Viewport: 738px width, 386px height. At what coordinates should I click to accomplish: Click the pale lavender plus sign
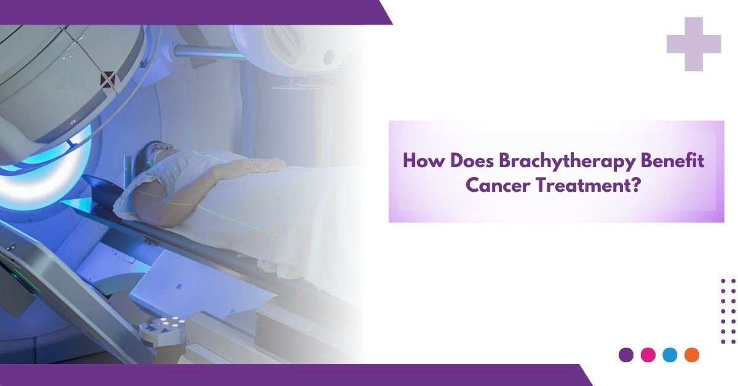[694, 44]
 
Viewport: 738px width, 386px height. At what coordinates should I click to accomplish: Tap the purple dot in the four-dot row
[626, 355]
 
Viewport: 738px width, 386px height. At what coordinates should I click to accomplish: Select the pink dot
[648, 355]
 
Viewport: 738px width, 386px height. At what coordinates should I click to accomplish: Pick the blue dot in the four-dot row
[670, 355]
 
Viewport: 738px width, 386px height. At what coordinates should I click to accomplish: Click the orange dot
[691, 355]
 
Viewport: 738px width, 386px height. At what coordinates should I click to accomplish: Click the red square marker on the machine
[108, 79]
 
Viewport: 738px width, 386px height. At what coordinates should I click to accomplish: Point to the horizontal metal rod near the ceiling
[208, 52]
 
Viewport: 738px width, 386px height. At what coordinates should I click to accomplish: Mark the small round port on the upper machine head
[329, 57]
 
